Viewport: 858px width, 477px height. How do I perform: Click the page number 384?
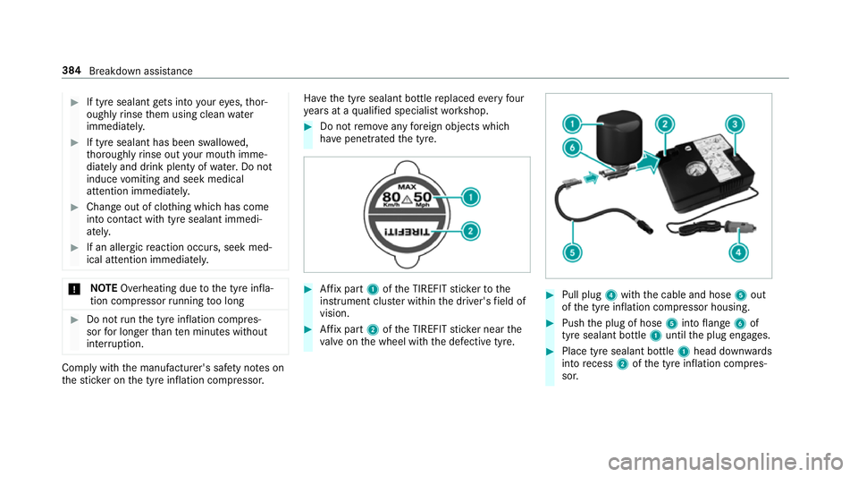tap(71, 71)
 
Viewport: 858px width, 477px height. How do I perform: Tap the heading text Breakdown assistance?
tap(140, 72)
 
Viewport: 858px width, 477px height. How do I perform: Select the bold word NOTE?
tap(104, 288)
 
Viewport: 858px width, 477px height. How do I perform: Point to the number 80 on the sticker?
tap(391, 197)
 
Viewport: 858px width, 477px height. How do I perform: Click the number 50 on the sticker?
tap(423, 197)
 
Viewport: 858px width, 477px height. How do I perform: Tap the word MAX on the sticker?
tap(408, 187)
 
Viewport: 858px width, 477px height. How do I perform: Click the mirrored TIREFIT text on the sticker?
tap(408, 232)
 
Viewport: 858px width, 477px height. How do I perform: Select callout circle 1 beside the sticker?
tap(470, 197)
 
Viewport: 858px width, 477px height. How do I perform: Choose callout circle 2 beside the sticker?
tap(470, 232)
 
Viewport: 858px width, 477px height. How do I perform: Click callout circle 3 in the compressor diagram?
tap(735, 124)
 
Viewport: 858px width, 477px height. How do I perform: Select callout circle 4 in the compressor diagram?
tap(738, 251)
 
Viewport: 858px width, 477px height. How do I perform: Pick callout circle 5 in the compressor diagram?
tap(572, 252)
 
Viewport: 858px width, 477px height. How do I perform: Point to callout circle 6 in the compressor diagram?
tap(572, 148)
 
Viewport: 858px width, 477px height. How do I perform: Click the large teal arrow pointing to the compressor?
tap(649, 163)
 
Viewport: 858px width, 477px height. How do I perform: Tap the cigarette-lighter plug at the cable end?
tap(739, 226)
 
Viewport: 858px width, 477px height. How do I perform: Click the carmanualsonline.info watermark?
tap(725, 462)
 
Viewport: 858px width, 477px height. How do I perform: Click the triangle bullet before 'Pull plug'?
tap(550, 294)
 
